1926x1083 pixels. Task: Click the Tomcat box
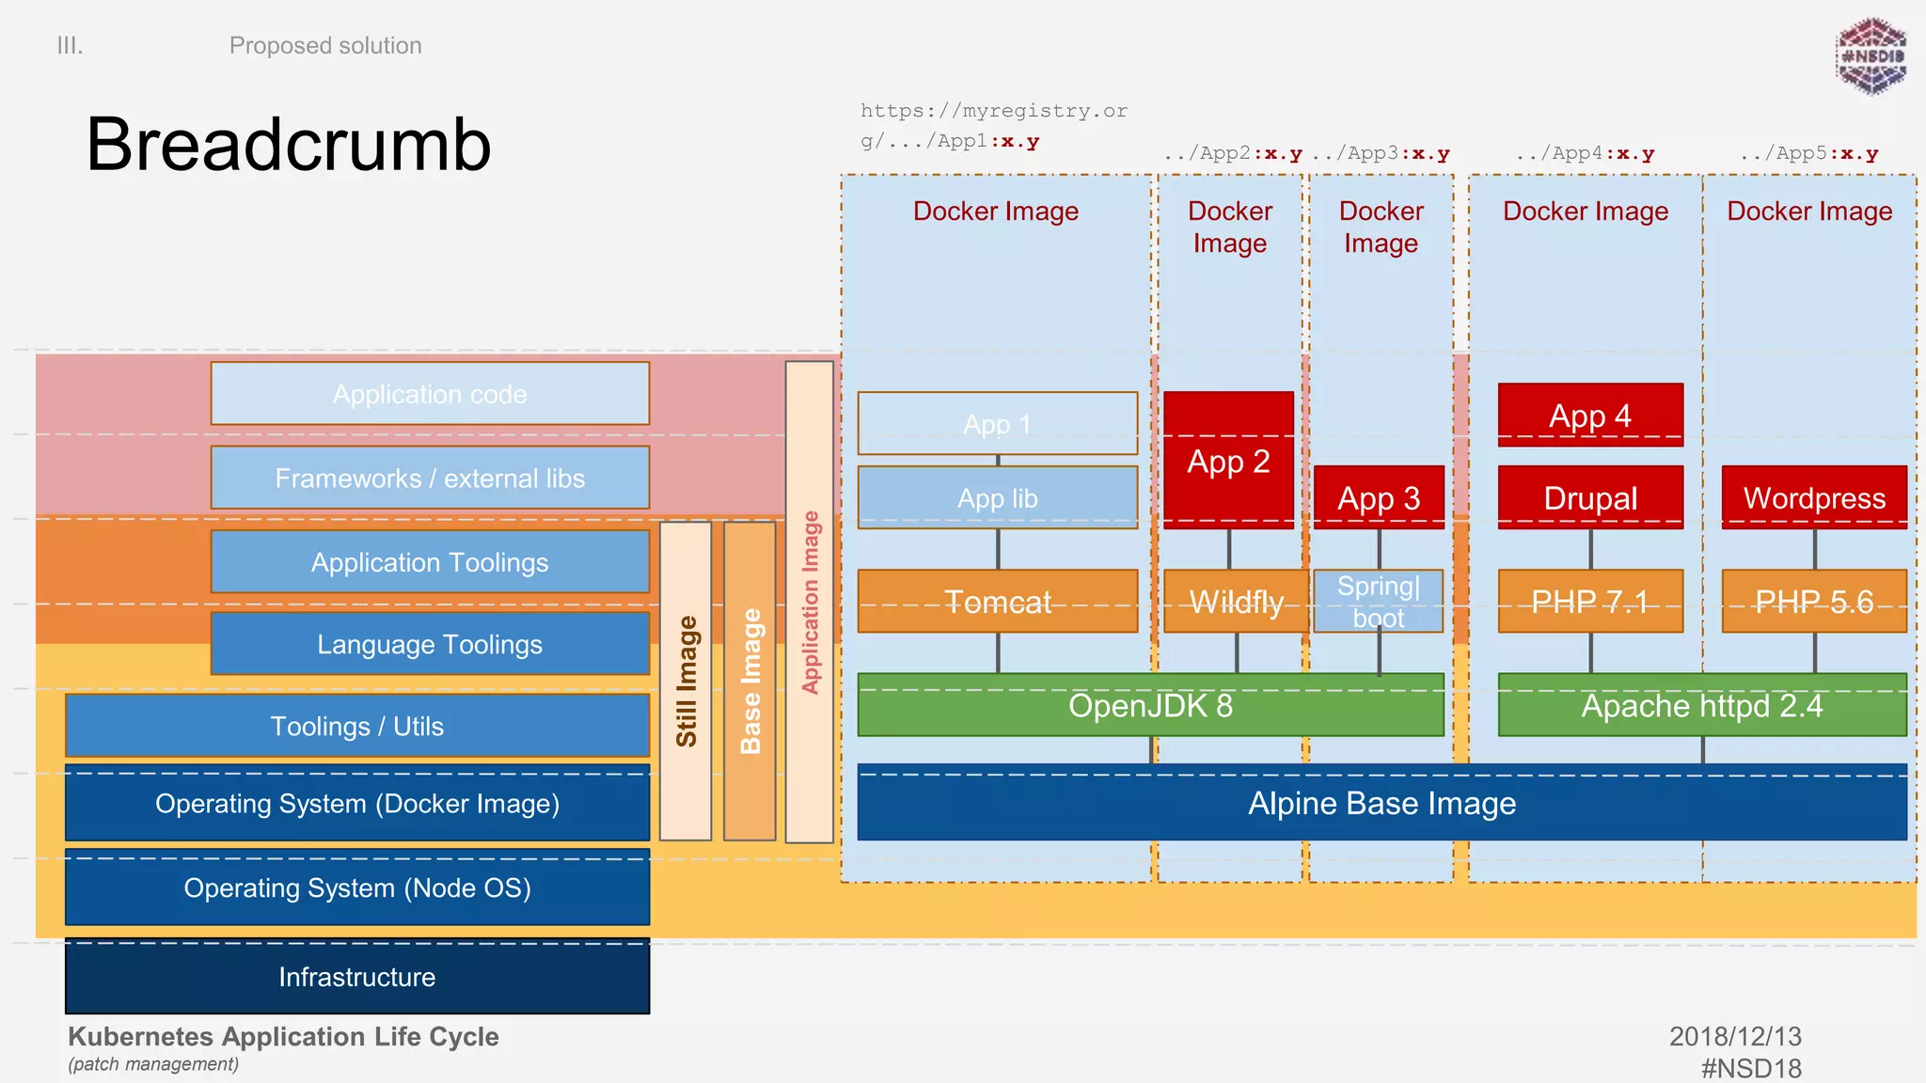coord(997,601)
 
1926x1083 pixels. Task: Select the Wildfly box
coord(1236,601)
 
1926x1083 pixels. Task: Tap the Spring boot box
coord(1378,601)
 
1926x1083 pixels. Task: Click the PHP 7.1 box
coord(1589,601)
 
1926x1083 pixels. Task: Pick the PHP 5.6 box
coord(1813,601)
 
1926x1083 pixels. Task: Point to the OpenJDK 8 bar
coord(1149,704)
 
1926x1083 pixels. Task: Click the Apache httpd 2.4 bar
coord(1701,704)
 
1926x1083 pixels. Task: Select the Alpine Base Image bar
coord(1381,803)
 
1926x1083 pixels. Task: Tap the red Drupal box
coord(1589,497)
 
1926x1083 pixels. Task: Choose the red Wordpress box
coord(1813,497)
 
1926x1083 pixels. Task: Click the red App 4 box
coord(1589,415)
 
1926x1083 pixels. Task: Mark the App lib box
coord(997,497)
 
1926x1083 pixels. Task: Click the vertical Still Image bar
coord(686,681)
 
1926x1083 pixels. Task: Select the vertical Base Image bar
coord(750,681)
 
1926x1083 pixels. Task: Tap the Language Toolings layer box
coord(430,644)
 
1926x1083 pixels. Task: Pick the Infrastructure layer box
coord(356,977)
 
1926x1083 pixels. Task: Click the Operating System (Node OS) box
coord(356,887)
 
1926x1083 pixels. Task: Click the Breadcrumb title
coord(288,144)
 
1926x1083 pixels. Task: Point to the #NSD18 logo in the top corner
coord(1871,56)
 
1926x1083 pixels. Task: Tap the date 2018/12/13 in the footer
coord(1734,1036)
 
